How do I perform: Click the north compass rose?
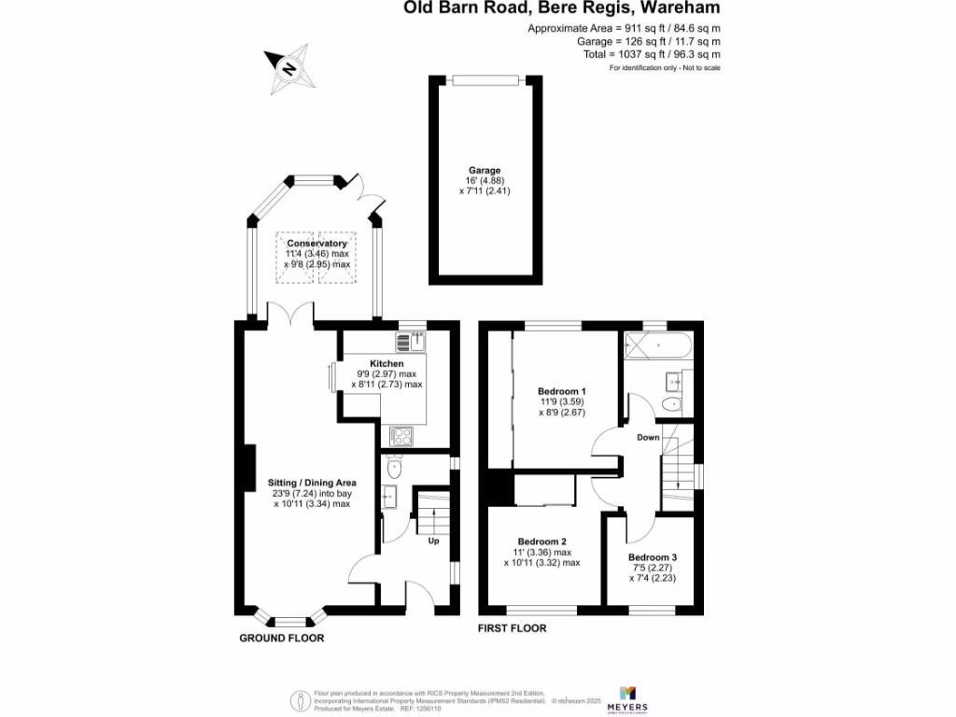[290, 69]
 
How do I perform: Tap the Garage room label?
[485, 171]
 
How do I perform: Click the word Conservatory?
[316, 244]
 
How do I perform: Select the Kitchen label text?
[387, 363]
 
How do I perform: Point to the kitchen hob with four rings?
[402, 435]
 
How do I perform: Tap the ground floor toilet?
[393, 467]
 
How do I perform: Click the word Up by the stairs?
[433, 541]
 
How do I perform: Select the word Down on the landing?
[649, 437]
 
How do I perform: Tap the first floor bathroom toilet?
[671, 404]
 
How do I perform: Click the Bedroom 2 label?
[542, 541]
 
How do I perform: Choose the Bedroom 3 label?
[653, 556]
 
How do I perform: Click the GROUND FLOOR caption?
[282, 639]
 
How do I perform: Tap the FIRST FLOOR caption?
[512, 628]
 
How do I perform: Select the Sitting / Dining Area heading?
[312, 483]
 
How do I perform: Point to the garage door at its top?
[485, 78]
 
